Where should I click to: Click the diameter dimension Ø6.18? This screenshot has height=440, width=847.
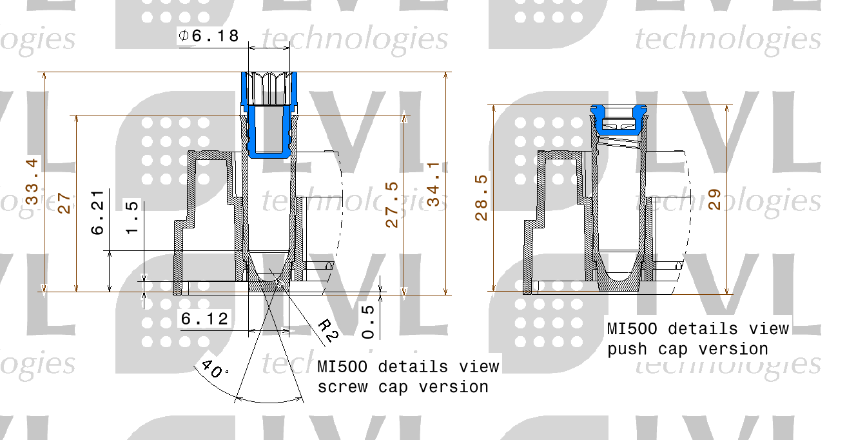tap(209, 37)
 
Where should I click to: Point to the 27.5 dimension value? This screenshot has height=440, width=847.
tap(392, 205)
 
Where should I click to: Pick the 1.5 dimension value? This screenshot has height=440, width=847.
tap(131, 217)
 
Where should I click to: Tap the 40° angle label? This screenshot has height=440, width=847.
tap(215, 369)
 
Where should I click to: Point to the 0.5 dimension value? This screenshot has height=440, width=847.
tap(368, 321)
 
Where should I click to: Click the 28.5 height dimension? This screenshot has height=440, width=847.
tap(482, 197)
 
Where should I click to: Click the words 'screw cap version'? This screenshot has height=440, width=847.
tap(403, 387)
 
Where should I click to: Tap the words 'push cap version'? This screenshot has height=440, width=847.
tap(688, 349)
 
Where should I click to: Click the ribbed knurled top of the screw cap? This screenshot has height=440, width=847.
tap(269, 88)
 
